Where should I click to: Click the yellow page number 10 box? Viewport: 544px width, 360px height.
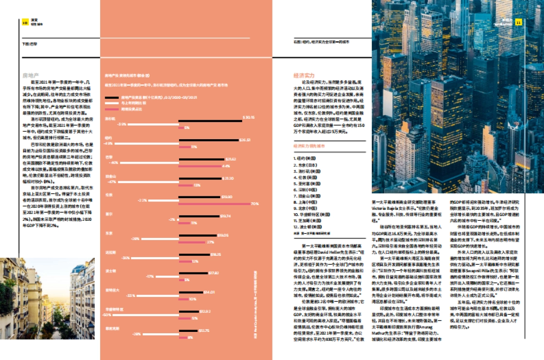(25, 22)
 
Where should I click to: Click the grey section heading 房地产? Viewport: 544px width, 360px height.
(30, 76)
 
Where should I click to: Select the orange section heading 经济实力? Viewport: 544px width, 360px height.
(304, 75)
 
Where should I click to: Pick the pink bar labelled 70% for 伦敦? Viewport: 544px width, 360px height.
(214, 204)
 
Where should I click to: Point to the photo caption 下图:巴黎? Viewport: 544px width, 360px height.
(30, 44)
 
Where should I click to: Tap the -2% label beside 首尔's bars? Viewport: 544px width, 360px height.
(172, 219)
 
